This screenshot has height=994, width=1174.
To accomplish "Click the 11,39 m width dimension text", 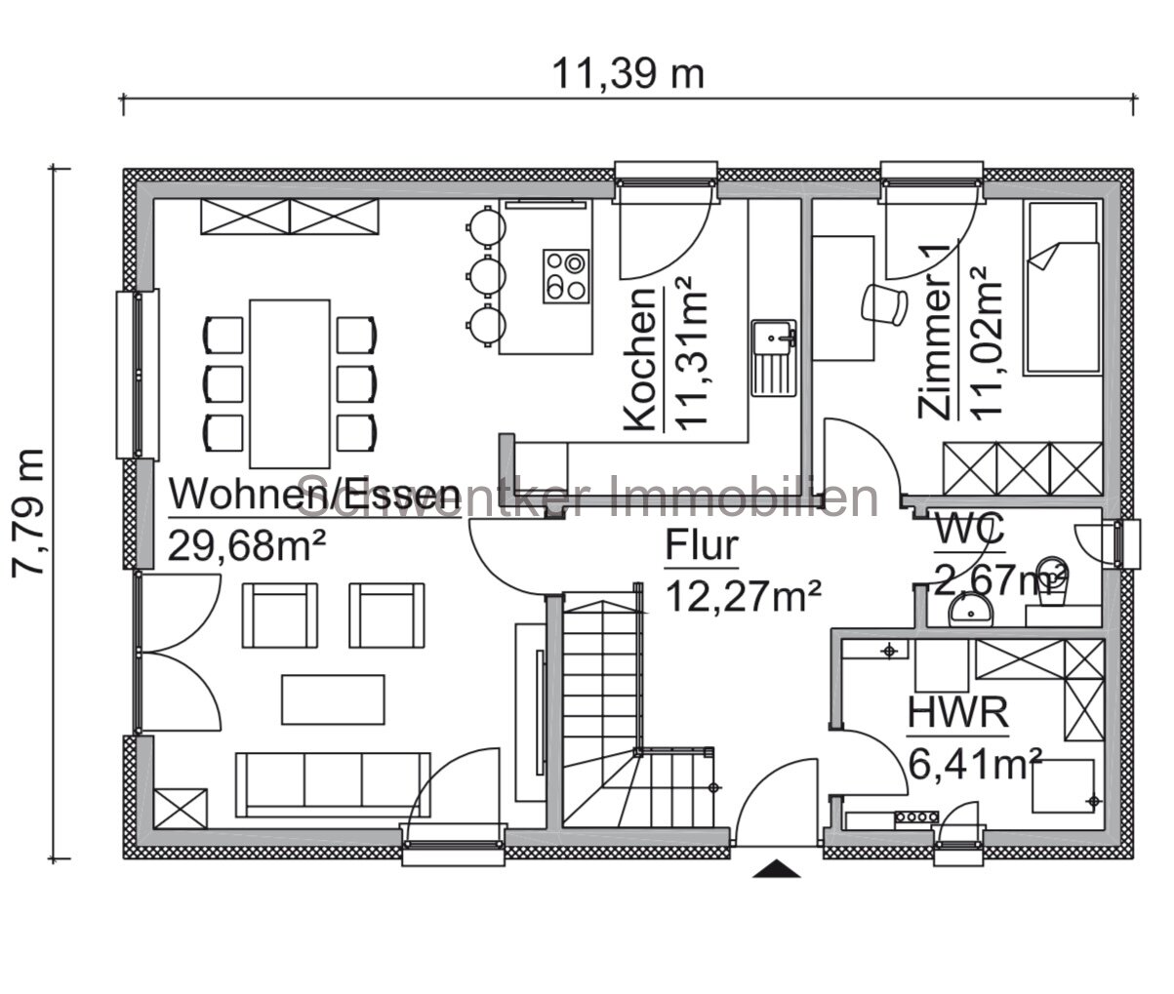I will click(x=627, y=73).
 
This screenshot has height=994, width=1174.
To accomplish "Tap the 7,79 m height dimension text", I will click(x=28, y=512).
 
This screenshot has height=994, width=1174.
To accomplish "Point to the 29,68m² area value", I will click(x=247, y=544).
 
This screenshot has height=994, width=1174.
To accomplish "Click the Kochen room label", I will click(x=639, y=360).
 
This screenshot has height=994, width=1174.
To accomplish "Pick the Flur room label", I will click(x=702, y=546).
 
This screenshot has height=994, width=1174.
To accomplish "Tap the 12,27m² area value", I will click(x=742, y=594).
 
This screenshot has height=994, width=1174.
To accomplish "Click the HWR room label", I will click(x=956, y=713).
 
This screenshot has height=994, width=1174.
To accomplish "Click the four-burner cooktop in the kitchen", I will click(x=566, y=274).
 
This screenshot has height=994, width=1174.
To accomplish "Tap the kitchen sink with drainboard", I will click(x=774, y=358).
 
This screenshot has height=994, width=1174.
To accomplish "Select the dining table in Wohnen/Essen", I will click(x=290, y=383).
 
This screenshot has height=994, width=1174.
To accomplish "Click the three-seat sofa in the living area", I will click(x=333, y=782).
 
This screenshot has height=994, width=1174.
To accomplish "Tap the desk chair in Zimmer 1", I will click(x=885, y=301).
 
